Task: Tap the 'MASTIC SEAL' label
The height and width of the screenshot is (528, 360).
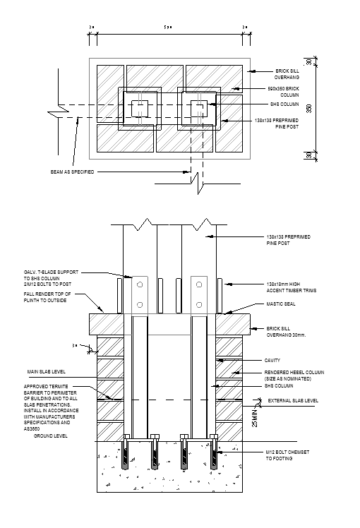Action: tap(280, 305)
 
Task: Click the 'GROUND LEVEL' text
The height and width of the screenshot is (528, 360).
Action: tap(51, 436)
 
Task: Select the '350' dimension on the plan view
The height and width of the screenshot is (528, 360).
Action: tap(308, 108)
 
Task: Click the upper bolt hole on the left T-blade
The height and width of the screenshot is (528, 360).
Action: tap(140, 285)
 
